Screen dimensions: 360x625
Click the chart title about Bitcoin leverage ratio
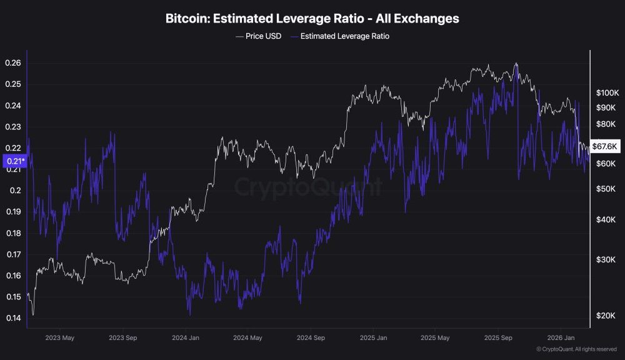(312, 19)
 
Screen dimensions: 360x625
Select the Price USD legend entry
(258, 36)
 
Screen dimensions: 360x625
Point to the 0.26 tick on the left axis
(13, 63)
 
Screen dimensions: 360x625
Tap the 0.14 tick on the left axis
(13, 318)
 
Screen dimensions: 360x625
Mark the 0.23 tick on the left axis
(13, 127)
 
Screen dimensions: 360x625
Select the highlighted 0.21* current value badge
(14, 162)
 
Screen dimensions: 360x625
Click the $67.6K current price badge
(604, 146)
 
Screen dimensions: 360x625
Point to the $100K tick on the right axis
(606, 92)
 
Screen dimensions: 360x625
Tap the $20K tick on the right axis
(604, 316)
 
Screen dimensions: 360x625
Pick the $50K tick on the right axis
(604, 189)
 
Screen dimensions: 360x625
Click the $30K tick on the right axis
(604, 259)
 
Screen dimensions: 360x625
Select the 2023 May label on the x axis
(61, 337)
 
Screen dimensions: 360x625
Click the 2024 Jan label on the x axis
(186, 337)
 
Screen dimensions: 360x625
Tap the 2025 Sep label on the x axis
(498, 337)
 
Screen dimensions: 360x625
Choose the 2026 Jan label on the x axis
(561, 337)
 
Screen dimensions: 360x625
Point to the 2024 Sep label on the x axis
(311, 337)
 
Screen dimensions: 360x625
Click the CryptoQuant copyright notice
(577, 349)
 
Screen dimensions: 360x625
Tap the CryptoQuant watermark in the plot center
(308, 187)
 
